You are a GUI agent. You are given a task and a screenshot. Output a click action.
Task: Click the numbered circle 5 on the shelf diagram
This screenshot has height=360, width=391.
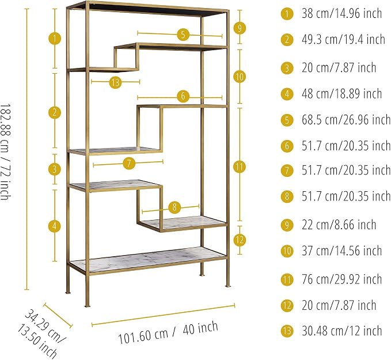(183, 35)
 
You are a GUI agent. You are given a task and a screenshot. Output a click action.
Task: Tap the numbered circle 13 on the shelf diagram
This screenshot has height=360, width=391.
(115, 82)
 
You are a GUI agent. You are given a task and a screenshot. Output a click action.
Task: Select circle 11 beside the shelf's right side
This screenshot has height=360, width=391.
(240, 167)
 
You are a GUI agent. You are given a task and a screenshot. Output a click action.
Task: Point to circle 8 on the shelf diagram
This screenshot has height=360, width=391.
(174, 207)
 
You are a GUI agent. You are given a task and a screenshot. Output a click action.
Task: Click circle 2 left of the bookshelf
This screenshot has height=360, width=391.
(54, 112)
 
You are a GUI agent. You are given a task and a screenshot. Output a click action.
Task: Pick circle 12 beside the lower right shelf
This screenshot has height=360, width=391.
(240, 240)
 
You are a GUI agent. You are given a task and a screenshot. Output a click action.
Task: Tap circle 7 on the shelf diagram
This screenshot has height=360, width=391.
(129, 164)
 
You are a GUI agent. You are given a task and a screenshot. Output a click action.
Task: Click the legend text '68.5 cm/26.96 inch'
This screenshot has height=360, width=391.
(346, 120)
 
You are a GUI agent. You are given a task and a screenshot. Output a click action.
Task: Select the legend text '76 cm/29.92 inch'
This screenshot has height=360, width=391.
(341, 279)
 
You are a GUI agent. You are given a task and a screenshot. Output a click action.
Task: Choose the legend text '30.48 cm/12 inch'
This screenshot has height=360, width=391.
(341, 331)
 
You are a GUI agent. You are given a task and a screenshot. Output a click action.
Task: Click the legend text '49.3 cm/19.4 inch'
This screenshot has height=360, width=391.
(343, 39)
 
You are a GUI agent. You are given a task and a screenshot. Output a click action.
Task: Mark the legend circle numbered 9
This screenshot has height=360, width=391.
(287, 225)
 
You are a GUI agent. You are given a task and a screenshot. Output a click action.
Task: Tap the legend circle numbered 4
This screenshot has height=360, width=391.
(287, 94)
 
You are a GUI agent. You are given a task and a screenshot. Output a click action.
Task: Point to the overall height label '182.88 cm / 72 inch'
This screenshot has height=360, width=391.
(5, 151)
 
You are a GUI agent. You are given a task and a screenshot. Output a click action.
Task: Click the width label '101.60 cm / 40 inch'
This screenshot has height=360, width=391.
(168, 333)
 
